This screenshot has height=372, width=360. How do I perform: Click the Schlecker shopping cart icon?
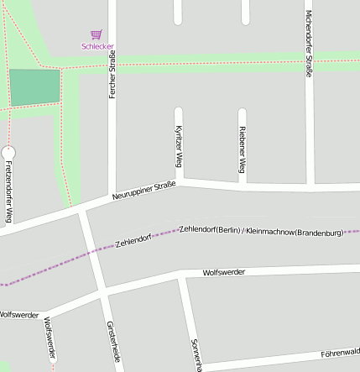click(97, 35)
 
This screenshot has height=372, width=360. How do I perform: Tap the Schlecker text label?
click(97, 46)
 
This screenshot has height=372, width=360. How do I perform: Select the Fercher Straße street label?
click(112, 75)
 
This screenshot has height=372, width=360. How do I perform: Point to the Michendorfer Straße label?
click(309, 44)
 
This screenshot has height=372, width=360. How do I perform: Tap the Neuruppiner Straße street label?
click(143, 191)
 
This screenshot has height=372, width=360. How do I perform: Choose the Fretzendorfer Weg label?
click(8, 191)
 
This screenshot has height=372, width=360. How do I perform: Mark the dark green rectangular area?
click(34, 86)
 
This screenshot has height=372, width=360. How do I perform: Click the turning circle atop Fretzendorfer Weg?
click(8, 152)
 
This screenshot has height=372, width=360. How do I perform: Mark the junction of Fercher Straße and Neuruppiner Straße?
click(112, 196)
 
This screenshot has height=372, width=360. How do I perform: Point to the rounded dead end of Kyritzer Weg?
click(178, 110)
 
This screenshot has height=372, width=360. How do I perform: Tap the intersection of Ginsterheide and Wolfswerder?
click(102, 293)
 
